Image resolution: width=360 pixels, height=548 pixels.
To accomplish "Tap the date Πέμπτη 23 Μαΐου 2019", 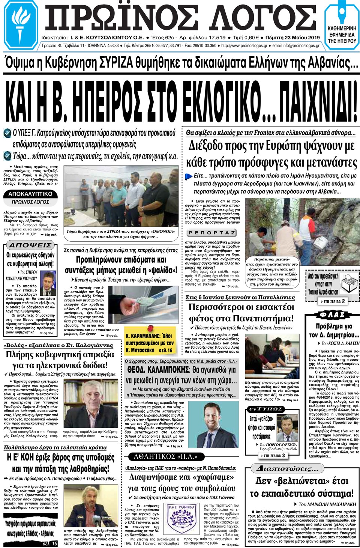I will (292, 38).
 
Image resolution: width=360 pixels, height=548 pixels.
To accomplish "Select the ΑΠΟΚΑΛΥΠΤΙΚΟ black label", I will (30, 194).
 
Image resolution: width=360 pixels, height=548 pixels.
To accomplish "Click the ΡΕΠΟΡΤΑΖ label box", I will (212, 233).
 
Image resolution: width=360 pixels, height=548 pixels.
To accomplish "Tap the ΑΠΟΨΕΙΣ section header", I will (30, 245).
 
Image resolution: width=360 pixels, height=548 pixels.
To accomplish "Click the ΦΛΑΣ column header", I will (331, 315).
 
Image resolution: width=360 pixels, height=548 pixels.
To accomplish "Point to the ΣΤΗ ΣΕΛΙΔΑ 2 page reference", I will (331, 301).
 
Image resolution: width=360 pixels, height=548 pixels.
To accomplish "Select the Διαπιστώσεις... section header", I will (289, 468).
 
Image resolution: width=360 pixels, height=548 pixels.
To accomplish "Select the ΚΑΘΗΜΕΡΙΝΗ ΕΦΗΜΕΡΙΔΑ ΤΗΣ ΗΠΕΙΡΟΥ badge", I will (342, 34).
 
